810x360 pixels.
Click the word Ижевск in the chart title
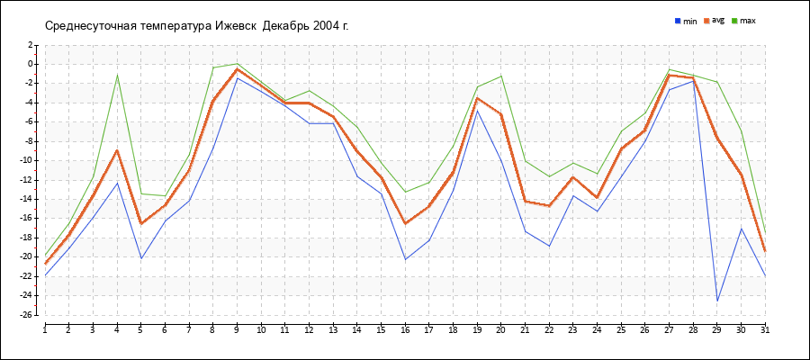236,25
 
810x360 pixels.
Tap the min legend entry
686,21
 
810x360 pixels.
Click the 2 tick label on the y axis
30,44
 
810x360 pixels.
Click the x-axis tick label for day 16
405,330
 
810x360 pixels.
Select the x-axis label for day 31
765,330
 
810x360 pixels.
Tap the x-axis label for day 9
237,330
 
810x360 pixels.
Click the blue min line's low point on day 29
717,301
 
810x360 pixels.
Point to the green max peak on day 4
117,76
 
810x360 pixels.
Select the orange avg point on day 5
140,223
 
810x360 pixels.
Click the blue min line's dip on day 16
405,259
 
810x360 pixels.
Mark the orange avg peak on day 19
477,97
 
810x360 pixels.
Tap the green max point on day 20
501,76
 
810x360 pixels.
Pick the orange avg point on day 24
597,197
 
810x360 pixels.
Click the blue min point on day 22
549,246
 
